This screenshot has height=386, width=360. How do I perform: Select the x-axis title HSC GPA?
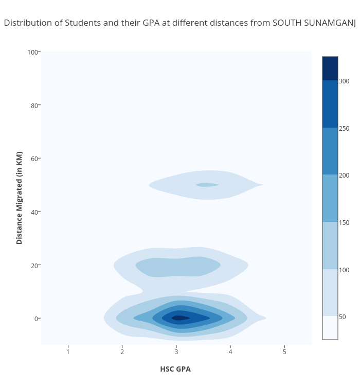[175, 369]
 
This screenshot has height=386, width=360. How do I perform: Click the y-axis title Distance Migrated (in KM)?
[20, 198]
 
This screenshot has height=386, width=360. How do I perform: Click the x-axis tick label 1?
[68, 352]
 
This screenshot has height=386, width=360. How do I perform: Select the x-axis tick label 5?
[284, 352]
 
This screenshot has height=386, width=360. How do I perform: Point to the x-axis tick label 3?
[176, 352]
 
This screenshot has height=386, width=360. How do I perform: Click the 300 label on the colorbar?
[344, 81]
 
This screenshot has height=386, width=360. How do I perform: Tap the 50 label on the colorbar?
[343, 317]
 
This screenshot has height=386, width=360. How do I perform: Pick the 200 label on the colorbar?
[344, 176]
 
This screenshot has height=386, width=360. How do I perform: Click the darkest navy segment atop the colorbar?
[330, 68]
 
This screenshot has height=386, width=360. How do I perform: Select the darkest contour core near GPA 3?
[179, 318]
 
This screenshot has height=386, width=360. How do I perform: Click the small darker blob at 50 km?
[207, 185]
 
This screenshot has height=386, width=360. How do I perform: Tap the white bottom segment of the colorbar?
[330, 328]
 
